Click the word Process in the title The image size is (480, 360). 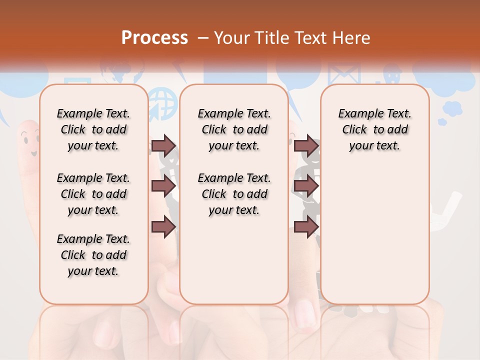tap(154, 37)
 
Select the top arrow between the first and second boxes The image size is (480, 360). tap(163, 145)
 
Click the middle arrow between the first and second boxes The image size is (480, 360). tap(163, 186)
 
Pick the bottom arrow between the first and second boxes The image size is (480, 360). tap(163, 226)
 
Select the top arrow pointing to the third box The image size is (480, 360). tap(306, 145)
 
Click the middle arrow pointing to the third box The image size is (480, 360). tap(306, 186)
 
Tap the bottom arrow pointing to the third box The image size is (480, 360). tap(306, 226)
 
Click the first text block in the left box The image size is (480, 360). tap(93, 129)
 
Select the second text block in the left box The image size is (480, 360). tap(93, 194)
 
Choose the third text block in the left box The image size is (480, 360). tap(93, 255)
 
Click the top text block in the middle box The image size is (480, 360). tap(234, 129)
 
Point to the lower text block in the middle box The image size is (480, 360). tap(234, 194)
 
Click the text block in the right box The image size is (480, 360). tap(374, 129)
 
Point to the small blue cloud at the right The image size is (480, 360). tap(451, 109)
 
